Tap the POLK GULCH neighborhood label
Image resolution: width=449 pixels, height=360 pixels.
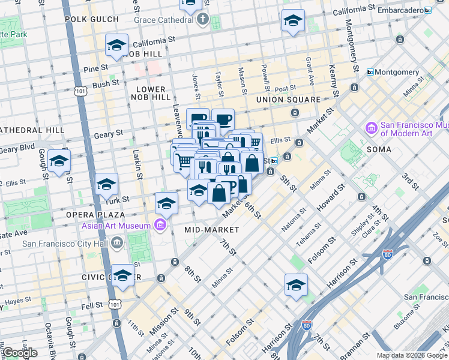point(91,19)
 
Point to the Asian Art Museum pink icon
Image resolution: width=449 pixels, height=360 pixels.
point(160,226)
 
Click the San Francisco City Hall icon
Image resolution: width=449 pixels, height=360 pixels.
point(116,244)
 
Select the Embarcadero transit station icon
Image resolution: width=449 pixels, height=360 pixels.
point(427,11)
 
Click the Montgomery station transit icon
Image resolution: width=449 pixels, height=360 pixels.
point(370,72)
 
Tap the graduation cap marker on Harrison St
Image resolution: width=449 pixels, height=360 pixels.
point(296,286)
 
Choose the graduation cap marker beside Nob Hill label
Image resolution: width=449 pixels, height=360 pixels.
point(116,45)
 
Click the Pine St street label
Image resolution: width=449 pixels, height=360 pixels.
point(95,69)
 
